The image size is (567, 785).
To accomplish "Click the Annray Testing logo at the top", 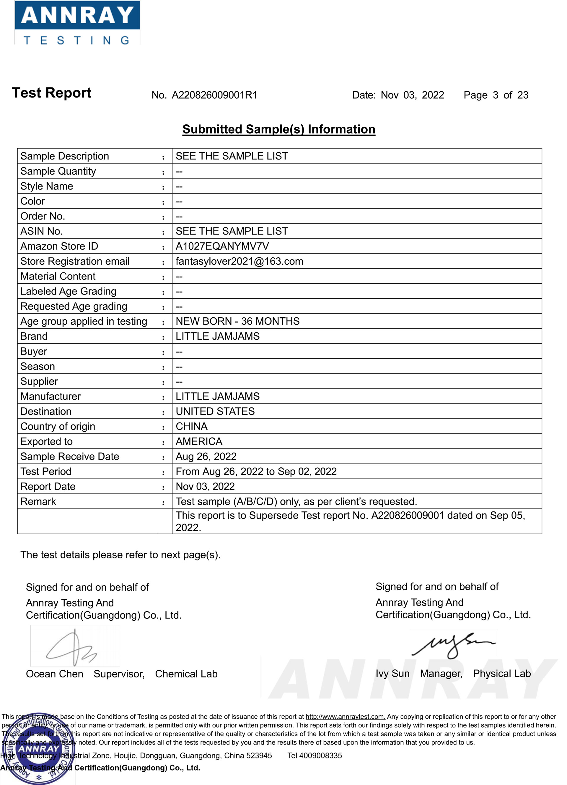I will (x=77, y=23).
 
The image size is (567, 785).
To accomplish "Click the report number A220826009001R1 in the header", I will (x=214, y=95).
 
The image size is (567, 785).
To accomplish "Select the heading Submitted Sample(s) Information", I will (x=278, y=129).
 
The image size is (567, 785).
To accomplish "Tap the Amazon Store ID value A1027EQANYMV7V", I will (x=222, y=246).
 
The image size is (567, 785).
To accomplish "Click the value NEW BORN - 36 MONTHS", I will (x=237, y=321).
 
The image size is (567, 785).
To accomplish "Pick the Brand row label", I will (x=34, y=337).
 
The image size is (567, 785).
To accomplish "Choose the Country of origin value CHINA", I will (x=191, y=426).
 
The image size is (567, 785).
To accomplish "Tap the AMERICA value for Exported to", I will (x=199, y=442).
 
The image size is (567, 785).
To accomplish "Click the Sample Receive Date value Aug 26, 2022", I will (x=206, y=456).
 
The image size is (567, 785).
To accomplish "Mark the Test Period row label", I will (x=46, y=472).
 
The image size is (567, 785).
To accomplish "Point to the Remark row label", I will (x=38, y=502).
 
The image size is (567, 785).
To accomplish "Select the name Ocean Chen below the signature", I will (x=54, y=674).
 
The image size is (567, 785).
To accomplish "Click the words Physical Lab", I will (x=502, y=674).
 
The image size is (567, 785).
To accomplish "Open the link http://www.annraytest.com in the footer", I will (x=345, y=716).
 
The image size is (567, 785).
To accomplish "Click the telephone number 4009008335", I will (x=320, y=755).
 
